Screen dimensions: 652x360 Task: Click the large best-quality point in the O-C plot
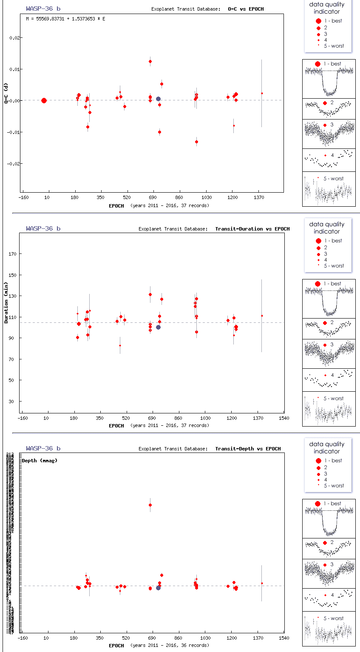point(44,100)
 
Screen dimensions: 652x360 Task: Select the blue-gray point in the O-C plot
point(158,99)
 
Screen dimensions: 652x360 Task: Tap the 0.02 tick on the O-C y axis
point(14,38)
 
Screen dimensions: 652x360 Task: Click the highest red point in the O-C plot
point(150,61)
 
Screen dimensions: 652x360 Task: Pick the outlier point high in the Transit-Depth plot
point(150,505)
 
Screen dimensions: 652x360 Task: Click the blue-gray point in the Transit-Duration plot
point(158,327)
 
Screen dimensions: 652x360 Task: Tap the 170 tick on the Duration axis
point(13,254)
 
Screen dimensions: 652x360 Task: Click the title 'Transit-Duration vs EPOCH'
point(252,229)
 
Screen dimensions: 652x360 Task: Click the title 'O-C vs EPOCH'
point(246,9)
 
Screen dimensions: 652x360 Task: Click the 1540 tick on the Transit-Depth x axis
point(283,638)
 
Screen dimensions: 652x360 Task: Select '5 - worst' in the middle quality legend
point(333,266)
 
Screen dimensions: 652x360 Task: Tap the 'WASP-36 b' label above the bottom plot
point(43,448)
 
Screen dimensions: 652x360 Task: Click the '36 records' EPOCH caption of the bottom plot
point(170,645)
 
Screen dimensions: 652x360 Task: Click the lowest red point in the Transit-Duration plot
point(120,345)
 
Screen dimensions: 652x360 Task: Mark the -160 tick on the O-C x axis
point(23,198)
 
